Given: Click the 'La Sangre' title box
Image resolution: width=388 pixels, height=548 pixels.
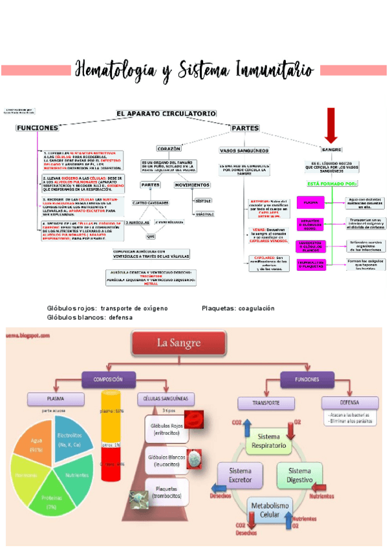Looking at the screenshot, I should coord(179,344).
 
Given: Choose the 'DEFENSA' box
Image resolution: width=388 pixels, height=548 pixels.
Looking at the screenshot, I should coord(339,403).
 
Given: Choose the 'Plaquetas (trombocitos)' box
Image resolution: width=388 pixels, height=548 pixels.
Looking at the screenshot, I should coord(166,490).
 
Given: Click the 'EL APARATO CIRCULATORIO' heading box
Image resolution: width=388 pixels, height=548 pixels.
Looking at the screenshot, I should coord(166,113).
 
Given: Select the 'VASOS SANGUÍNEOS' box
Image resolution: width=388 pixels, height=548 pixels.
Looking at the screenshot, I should coord(244,150).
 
